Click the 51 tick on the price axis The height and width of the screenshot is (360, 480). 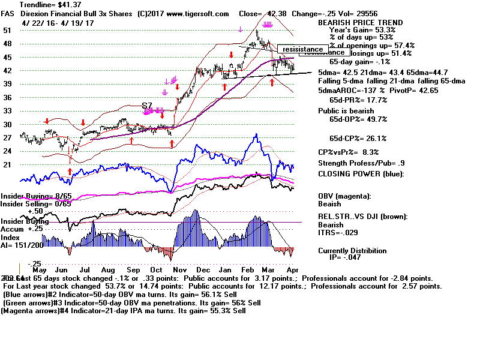point(7,30)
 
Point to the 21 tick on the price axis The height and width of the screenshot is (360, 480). point(7,165)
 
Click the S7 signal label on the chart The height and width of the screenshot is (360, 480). point(146,106)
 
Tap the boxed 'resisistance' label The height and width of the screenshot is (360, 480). point(304,49)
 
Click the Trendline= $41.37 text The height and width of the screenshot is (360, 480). point(35,5)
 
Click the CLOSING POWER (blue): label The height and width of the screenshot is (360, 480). point(361,174)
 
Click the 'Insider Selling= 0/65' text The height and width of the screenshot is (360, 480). point(35,204)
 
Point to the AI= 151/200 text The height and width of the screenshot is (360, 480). point(25,245)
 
